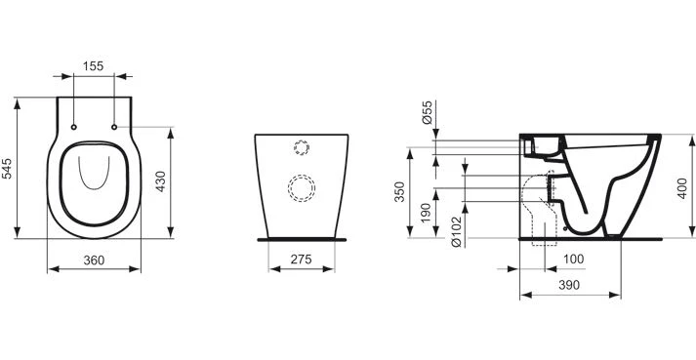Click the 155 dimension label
(x=93, y=66)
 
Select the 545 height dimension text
(x=7, y=168)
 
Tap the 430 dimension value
(x=160, y=181)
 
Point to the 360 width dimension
(x=94, y=260)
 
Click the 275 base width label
(x=302, y=260)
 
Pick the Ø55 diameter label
(x=427, y=113)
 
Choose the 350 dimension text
(x=400, y=192)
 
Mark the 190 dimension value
(x=426, y=213)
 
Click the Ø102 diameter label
(x=456, y=232)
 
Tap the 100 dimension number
(x=573, y=259)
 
